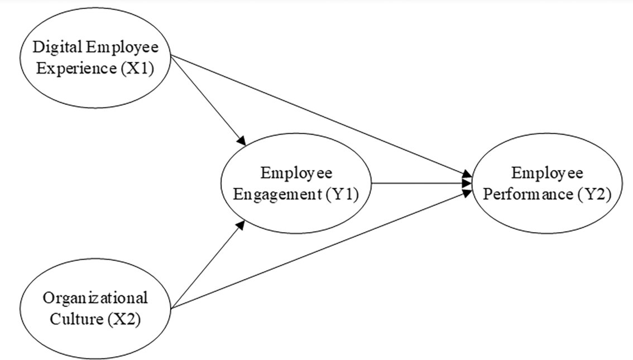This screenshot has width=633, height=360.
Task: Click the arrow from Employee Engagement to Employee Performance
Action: pyautogui.click(x=419, y=183)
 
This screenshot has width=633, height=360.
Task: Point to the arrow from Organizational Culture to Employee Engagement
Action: pyautogui.click(x=207, y=263)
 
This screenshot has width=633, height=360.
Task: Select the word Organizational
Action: pyautogui.click(x=95, y=297)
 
